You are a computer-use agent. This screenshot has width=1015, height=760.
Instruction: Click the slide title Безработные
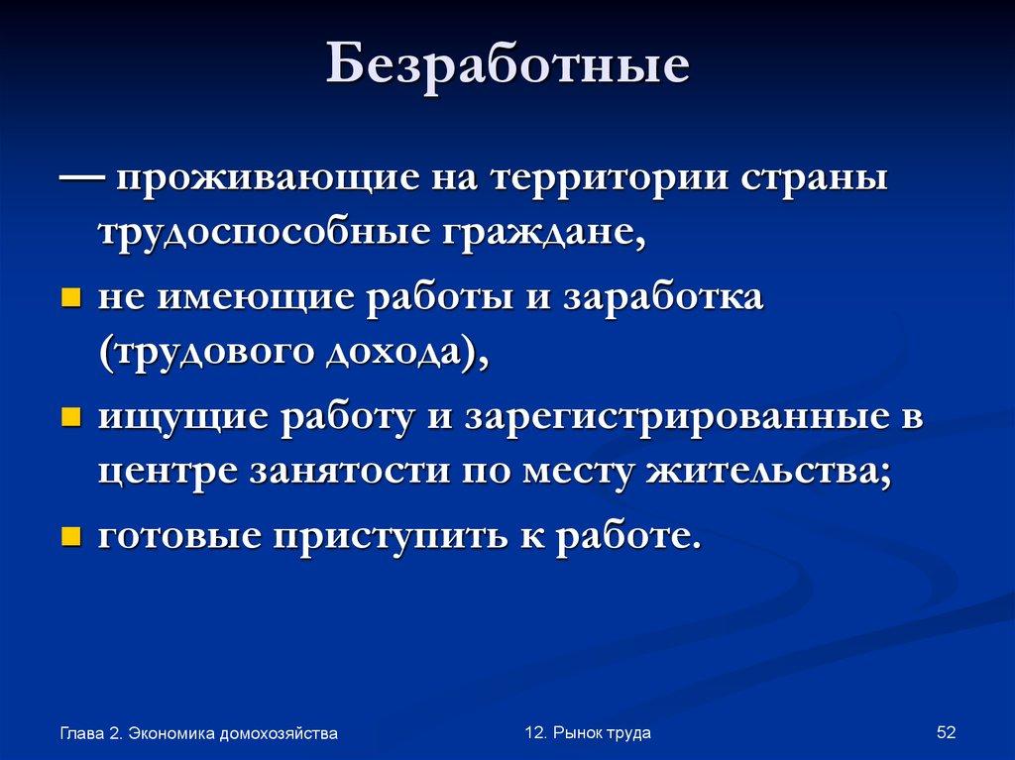508,68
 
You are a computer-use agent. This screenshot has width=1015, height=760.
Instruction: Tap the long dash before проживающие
84,179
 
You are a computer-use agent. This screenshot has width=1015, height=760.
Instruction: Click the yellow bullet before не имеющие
70,298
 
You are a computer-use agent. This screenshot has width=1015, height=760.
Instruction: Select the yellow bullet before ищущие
70,417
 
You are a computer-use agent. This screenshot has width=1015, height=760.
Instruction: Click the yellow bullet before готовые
70,536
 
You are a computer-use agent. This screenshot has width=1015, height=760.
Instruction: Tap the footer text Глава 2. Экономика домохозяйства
198,733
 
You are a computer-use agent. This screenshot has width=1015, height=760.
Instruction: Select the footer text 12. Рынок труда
588,732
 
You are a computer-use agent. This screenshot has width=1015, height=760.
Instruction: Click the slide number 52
945,732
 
